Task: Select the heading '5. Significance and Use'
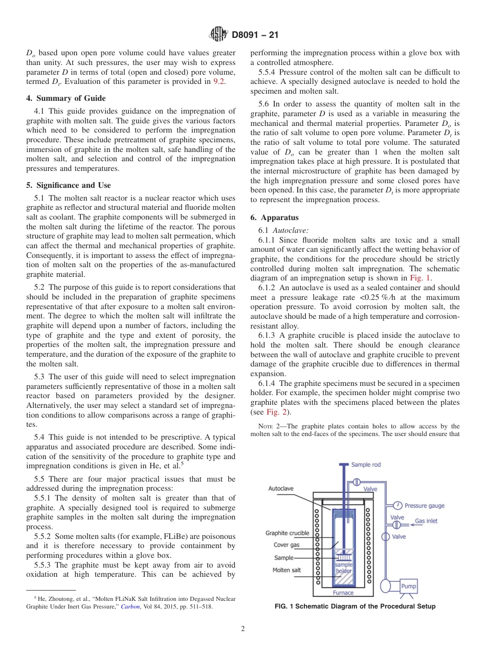click(x=69, y=185)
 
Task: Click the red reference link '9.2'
click(x=218, y=81)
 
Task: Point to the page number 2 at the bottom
click(x=243, y=629)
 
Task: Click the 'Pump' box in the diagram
click(x=408, y=586)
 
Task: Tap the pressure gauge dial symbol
click(x=397, y=506)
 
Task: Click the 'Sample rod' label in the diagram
click(x=366, y=465)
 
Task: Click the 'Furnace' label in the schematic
click(x=343, y=593)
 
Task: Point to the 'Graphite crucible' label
click(x=287, y=533)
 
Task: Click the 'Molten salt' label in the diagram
click(x=286, y=570)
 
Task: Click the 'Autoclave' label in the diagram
click(x=281, y=488)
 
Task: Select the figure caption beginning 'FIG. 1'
click(x=355, y=606)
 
